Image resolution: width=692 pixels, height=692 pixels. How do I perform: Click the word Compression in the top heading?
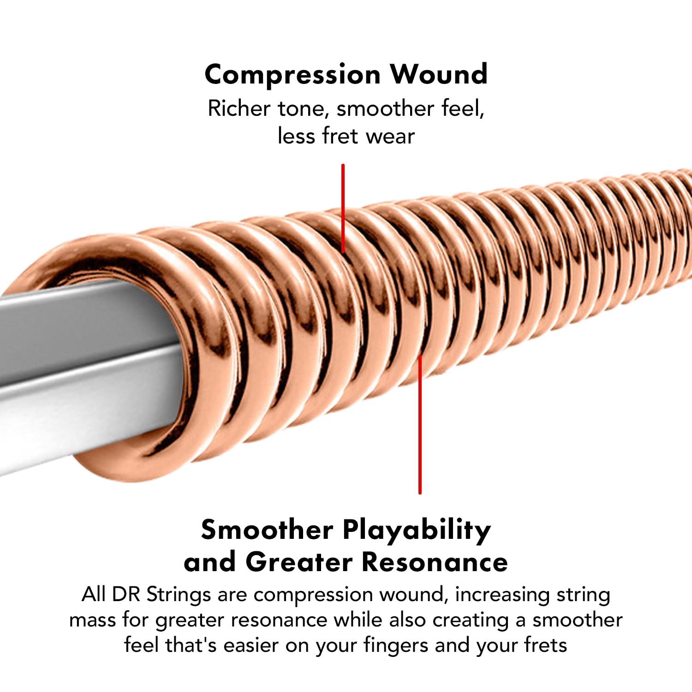pyautogui.click(x=292, y=75)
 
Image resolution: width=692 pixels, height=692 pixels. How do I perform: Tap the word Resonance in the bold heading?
pyautogui.click(x=434, y=562)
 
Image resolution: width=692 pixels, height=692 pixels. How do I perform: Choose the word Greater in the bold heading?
pyautogui.click(x=299, y=562)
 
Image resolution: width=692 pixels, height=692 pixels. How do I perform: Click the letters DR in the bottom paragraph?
pyautogui.click(x=125, y=594)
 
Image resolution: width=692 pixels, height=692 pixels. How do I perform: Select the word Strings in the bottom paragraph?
pyautogui.click(x=179, y=595)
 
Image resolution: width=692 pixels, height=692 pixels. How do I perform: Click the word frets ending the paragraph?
pyautogui.click(x=545, y=645)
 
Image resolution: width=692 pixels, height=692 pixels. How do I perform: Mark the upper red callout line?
pyautogui.click(x=343, y=208)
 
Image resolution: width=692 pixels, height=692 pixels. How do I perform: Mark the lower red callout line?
pyautogui.click(x=420, y=424)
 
